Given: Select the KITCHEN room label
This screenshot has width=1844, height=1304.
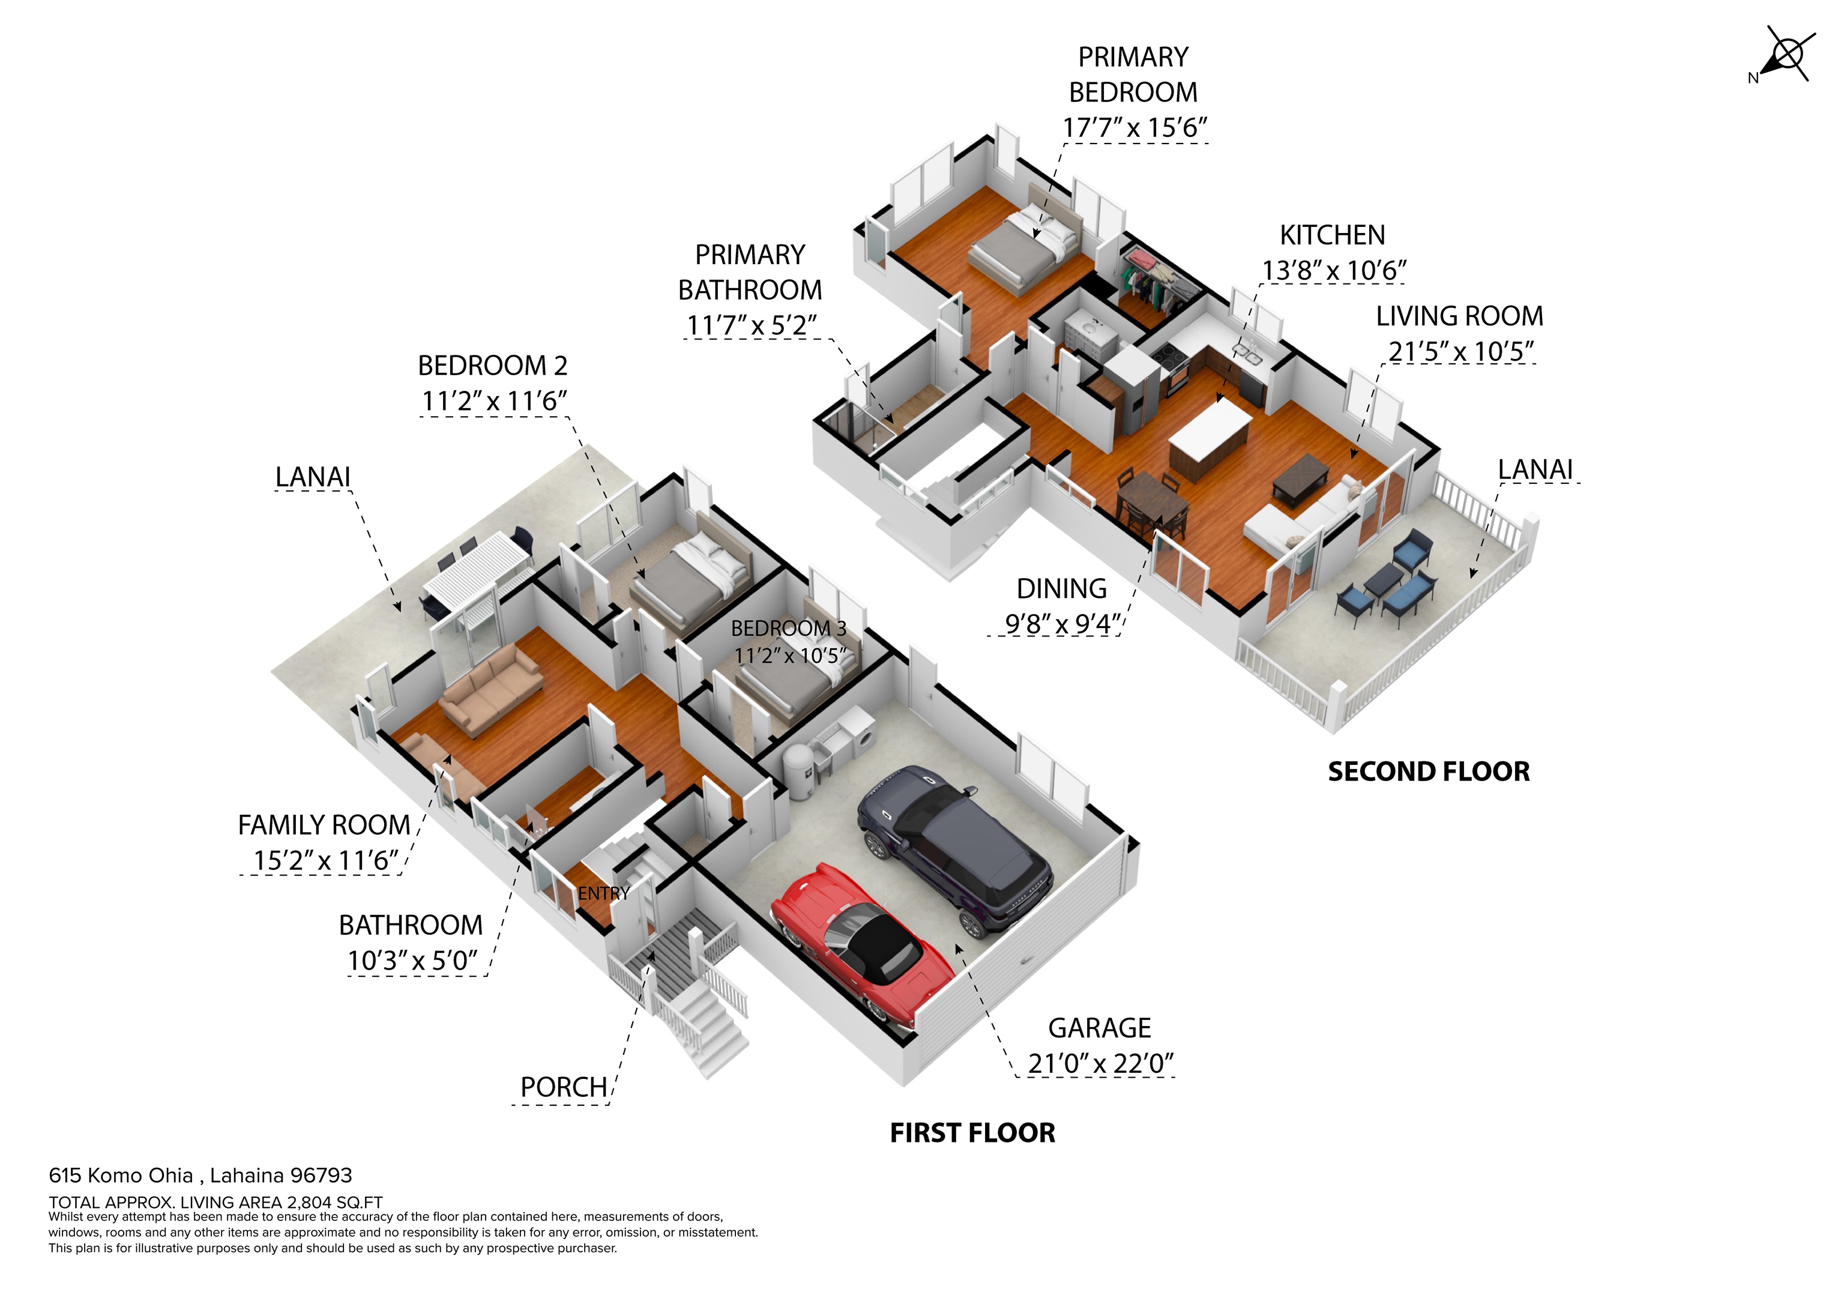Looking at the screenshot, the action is click(x=1333, y=235).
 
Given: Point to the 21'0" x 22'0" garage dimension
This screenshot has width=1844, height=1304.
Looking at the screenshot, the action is click(x=1100, y=1064).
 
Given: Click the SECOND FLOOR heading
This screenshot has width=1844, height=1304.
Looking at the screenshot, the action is click(x=1429, y=771).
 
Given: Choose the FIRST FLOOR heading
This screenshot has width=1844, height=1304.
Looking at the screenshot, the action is click(x=972, y=1133).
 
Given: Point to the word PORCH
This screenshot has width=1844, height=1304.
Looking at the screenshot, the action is click(x=564, y=1087).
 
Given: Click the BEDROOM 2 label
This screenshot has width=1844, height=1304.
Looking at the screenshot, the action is click(x=492, y=366).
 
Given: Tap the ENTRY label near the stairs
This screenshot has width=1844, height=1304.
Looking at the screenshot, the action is click(x=603, y=893).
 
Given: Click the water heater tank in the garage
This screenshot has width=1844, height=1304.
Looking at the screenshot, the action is click(x=799, y=770).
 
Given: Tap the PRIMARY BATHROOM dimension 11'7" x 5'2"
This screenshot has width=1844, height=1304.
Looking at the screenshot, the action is click(x=751, y=325).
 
